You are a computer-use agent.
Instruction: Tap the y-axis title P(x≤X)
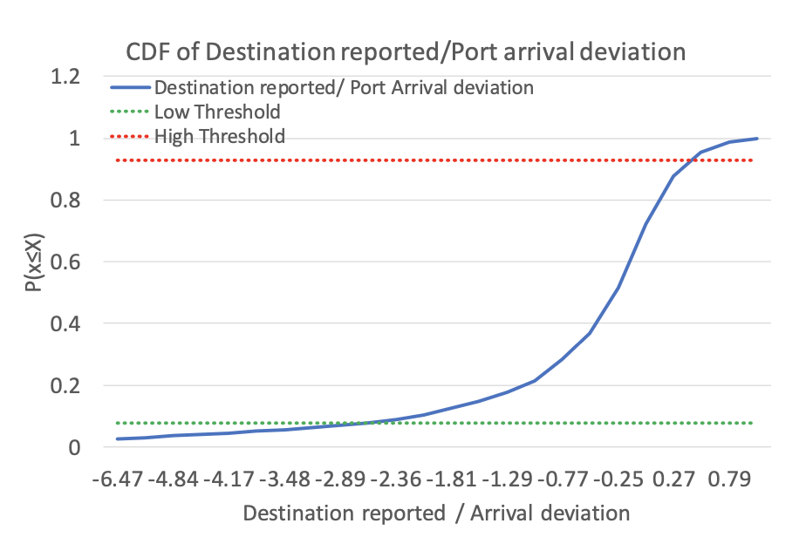point(34,262)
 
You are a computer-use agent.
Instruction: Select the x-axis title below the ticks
point(436,512)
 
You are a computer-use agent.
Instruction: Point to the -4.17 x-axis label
point(230,479)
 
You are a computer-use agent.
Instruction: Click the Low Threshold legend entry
point(216,112)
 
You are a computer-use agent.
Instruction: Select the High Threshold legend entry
point(219,136)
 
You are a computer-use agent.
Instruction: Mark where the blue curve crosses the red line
point(691,160)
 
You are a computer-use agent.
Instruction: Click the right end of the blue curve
point(757,139)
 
